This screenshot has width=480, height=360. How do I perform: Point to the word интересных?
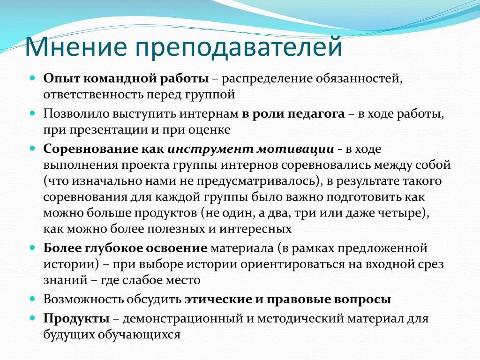coord(257,229)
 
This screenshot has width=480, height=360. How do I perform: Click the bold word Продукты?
coord(76,319)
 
